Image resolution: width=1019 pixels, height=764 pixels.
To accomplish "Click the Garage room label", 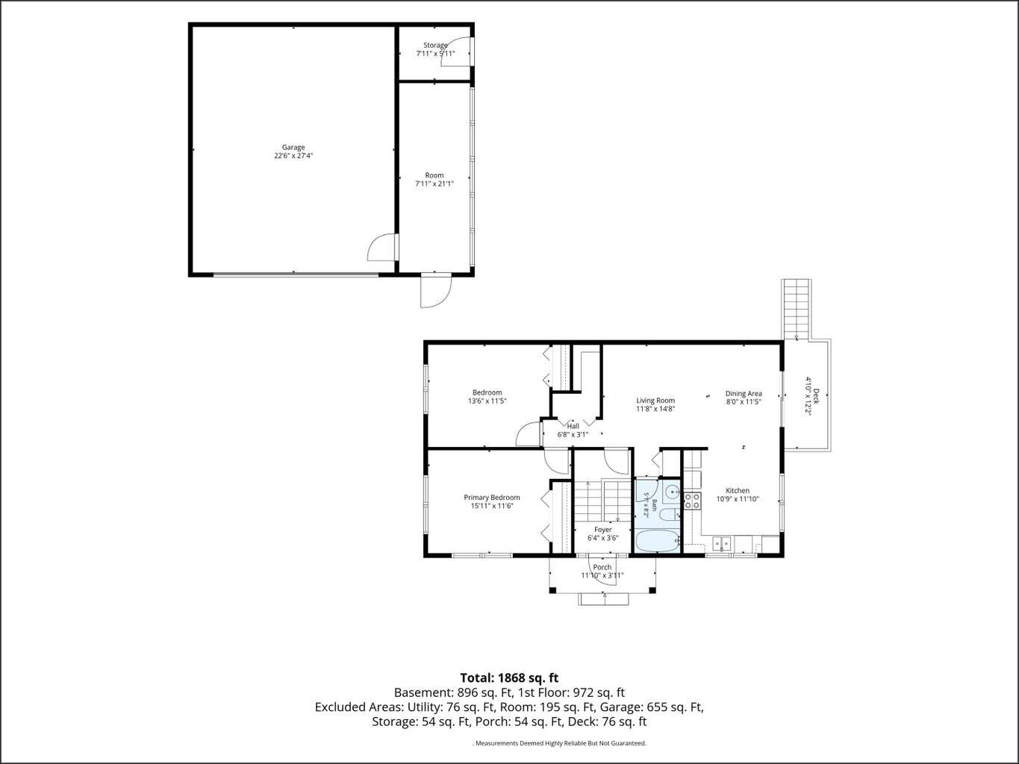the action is tap(293, 147).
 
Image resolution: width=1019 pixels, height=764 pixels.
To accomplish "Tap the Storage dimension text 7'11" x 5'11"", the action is tap(435, 53).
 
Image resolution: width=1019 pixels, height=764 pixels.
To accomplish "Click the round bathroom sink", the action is tap(672, 492).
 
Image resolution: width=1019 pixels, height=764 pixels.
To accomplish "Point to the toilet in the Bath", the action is tap(670, 515).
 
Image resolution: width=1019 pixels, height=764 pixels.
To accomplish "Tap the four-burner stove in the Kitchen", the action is tap(692, 501).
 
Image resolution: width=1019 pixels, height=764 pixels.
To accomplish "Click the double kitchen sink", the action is tap(721, 542).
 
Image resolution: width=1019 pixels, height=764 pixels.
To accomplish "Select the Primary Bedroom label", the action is tap(492, 498).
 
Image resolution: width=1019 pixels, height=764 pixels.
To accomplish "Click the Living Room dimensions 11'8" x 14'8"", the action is tap(655, 409).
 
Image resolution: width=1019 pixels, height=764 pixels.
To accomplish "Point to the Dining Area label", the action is tap(744, 393).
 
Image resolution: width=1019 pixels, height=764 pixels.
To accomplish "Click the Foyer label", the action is tap(602, 529).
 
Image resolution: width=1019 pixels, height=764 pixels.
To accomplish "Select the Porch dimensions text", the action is tap(602, 575).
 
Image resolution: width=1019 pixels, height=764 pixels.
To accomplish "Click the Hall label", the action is tap(573, 426).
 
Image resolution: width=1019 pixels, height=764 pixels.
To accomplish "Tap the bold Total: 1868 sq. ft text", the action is tap(509, 678).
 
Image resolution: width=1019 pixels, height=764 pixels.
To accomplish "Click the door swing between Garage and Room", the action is tap(382, 247).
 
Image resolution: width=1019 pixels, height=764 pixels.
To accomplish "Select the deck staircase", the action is tap(797, 310).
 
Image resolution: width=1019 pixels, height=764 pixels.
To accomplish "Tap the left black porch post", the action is tap(552, 590).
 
